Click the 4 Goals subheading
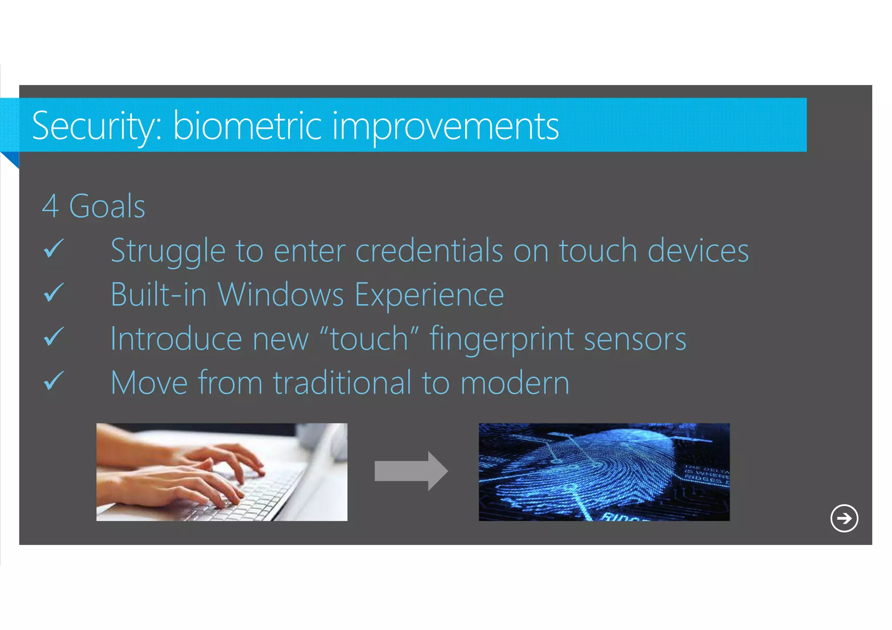coord(94,206)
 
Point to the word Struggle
coord(168,251)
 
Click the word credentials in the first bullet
coord(429,251)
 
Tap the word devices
coord(698,251)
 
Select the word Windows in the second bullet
coord(281,295)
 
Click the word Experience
coord(429,295)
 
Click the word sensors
coord(635,339)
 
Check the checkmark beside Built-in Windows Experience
coord(54,293)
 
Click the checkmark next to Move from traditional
coord(54,381)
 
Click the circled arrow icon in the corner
coord(844,518)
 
